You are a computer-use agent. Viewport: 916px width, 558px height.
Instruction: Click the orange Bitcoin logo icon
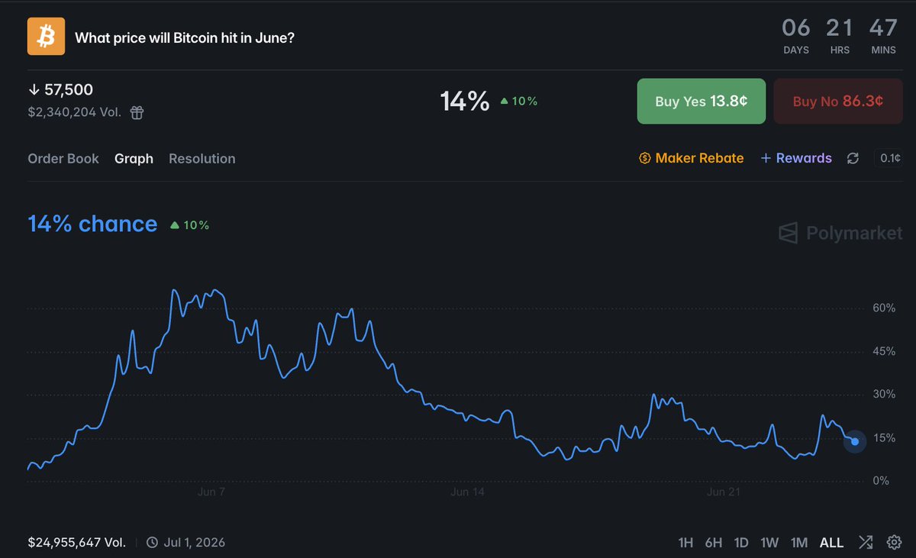point(46,36)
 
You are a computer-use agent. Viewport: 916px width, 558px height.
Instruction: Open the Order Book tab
point(63,159)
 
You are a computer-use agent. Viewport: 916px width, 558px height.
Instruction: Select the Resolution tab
point(202,159)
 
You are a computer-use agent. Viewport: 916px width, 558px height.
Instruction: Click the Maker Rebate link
point(691,158)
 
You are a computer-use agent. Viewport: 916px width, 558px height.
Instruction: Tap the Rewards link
point(795,158)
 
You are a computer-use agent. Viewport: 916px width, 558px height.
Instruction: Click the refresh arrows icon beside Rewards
point(853,158)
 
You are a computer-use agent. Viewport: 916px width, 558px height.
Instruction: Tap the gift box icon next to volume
point(137,112)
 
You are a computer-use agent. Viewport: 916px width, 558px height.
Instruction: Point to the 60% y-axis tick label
point(884,308)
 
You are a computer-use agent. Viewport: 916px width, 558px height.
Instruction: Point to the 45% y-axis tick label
point(884,351)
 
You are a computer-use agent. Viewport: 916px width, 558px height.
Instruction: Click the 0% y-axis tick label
point(881,480)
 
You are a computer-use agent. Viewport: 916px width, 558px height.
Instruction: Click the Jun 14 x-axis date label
point(467,492)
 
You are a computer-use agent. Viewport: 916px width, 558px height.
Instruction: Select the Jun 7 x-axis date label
point(211,492)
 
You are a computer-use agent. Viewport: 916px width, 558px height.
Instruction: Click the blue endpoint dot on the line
point(855,441)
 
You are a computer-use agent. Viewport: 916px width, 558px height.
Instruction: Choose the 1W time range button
point(769,543)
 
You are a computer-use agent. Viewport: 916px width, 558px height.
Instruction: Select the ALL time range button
point(831,543)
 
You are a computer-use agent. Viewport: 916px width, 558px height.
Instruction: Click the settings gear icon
point(894,543)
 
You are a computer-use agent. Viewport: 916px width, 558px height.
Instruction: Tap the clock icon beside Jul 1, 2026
point(152,543)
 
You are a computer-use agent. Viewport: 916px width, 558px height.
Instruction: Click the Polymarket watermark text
point(854,233)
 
